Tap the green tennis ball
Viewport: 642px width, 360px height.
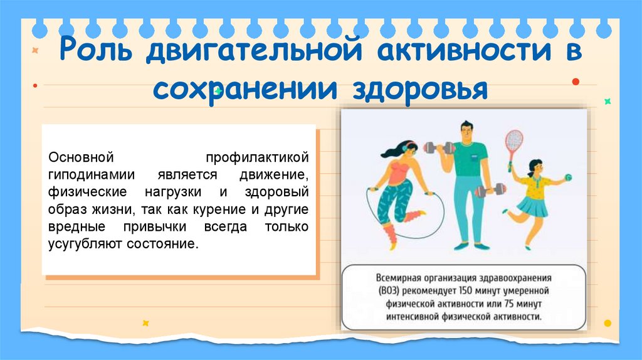567,177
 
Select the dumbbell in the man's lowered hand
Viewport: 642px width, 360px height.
492,189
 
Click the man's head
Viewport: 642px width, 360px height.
465,132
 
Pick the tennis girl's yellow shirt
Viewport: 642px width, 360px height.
535,186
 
